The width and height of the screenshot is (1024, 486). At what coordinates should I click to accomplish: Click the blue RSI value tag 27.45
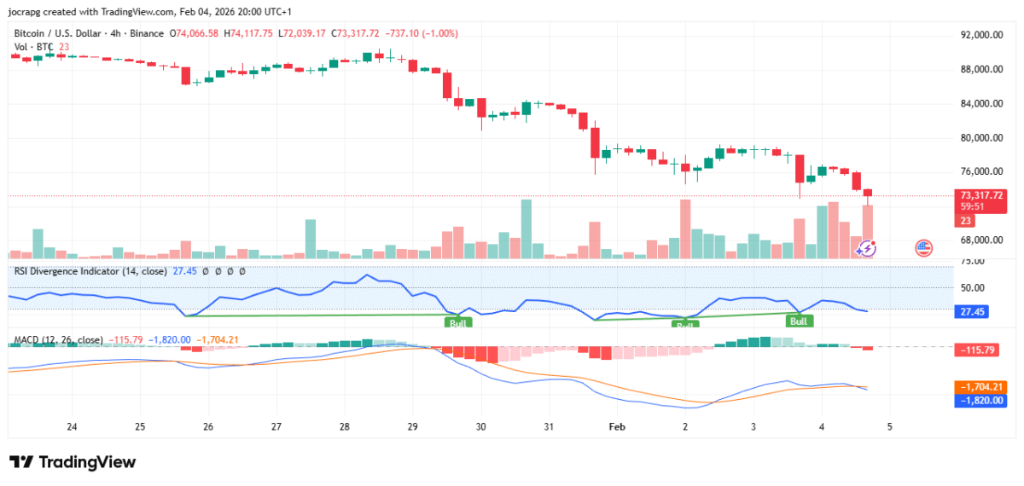pyautogui.click(x=970, y=312)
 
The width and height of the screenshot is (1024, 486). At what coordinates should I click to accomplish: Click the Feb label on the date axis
pyautogui.click(x=617, y=425)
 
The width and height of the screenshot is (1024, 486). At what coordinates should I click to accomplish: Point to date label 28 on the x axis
pyautogui.click(x=344, y=425)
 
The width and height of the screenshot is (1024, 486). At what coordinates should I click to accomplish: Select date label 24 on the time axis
pyautogui.click(x=72, y=425)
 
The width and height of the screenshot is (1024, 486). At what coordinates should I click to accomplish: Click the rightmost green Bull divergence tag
pyautogui.click(x=799, y=321)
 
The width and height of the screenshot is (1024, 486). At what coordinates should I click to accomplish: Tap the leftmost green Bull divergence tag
pyautogui.click(x=457, y=323)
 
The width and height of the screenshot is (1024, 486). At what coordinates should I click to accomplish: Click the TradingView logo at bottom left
pyautogui.click(x=73, y=462)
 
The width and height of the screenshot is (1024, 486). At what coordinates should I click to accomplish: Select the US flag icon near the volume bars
pyautogui.click(x=923, y=248)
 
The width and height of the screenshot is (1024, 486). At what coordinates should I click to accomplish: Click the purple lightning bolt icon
pyautogui.click(x=867, y=248)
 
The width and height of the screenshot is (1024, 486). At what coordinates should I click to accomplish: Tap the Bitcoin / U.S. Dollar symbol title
pyautogui.click(x=58, y=33)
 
